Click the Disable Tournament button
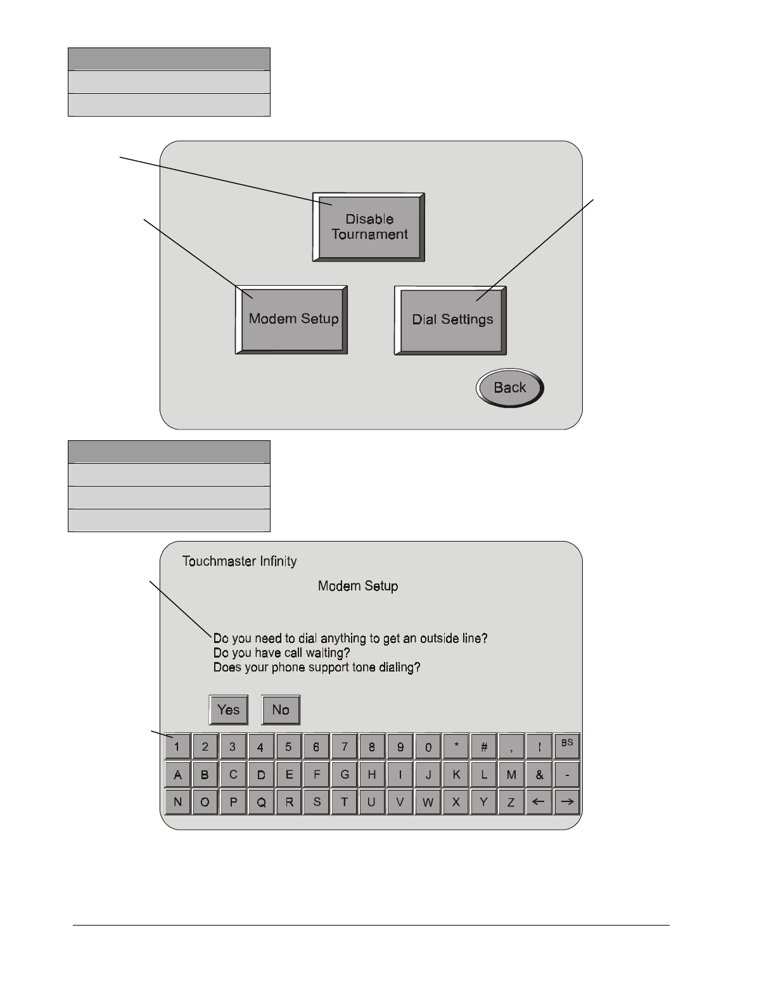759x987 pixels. click(x=369, y=227)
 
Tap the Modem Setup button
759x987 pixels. click(x=292, y=319)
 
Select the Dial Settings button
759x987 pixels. click(x=452, y=320)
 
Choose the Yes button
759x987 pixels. click(x=228, y=710)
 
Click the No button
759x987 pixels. click(x=281, y=710)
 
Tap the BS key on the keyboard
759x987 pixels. click(x=567, y=746)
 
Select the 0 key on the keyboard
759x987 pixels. click(x=428, y=747)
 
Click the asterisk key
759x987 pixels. click(x=456, y=747)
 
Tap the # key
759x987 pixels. click(x=484, y=747)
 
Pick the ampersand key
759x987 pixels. click(x=540, y=774)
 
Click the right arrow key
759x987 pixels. click(x=567, y=802)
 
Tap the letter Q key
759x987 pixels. click(x=261, y=802)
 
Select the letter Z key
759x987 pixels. click(x=511, y=802)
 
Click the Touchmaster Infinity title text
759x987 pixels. click(x=239, y=561)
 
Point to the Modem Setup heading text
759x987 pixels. click(x=358, y=587)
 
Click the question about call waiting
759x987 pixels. click(x=281, y=653)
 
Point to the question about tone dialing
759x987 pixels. click(x=316, y=668)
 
